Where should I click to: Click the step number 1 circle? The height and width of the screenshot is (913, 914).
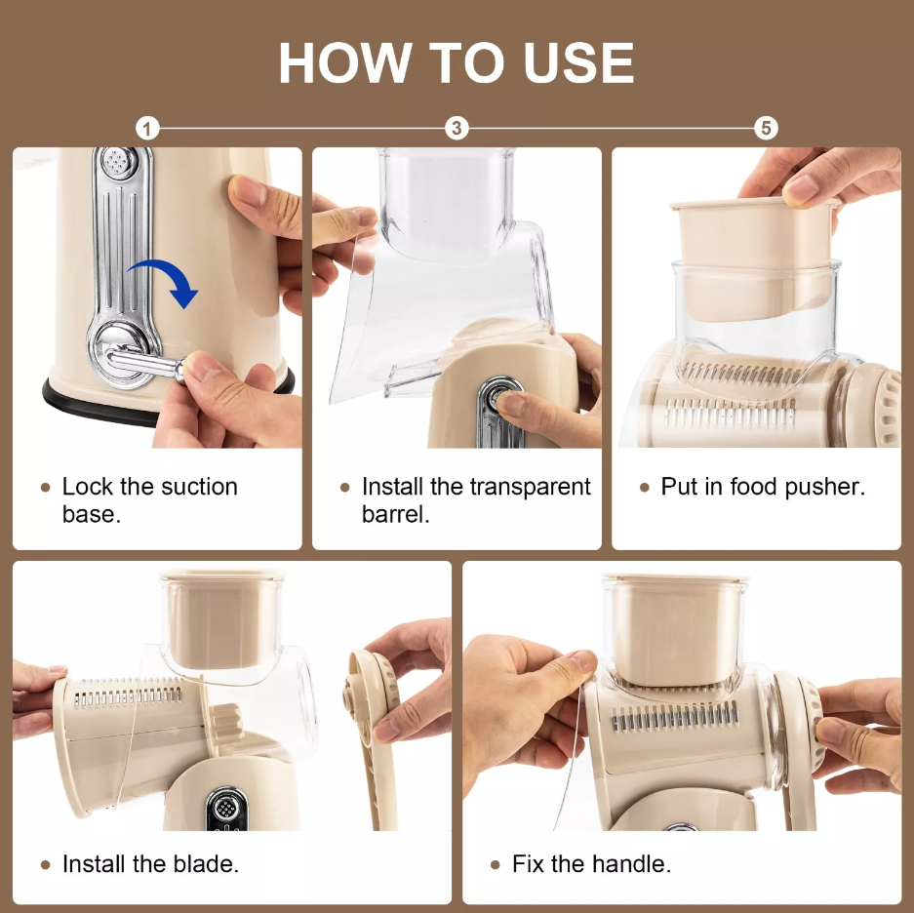click(x=147, y=128)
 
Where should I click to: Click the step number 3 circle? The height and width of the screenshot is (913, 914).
click(x=457, y=128)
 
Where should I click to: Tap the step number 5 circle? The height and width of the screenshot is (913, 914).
click(x=766, y=128)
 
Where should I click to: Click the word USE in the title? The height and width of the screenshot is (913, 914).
click(x=578, y=63)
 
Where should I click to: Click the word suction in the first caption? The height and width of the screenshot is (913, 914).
click(x=199, y=487)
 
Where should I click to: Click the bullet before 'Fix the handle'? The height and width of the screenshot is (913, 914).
click(x=496, y=865)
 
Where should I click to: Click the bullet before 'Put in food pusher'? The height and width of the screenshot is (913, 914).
click(x=644, y=488)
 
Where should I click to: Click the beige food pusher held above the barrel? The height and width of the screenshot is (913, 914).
click(x=755, y=259)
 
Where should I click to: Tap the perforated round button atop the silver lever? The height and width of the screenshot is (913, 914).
click(x=121, y=163)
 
